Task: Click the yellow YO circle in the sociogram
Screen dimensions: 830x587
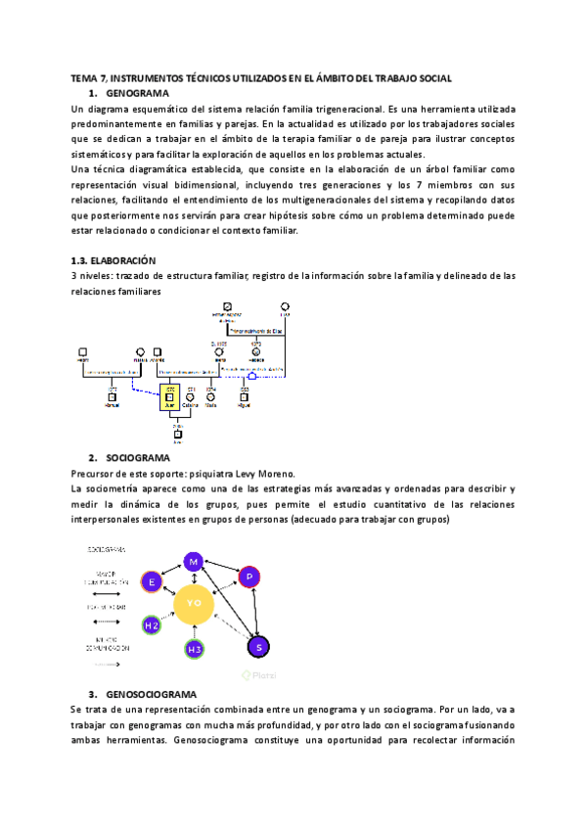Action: [194, 603]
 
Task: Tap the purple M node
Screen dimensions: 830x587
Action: [194, 561]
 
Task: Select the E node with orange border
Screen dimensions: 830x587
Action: [152, 581]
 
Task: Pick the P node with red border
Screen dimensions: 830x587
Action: [249, 576]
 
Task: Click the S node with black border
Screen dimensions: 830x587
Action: [259, 646]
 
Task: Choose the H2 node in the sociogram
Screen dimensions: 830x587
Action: [152, 624]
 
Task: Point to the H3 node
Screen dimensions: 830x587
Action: [195, 649]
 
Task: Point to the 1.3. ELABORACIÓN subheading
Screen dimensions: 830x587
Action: [114, 261]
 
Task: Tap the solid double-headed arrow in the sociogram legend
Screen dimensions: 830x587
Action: [111, 593]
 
